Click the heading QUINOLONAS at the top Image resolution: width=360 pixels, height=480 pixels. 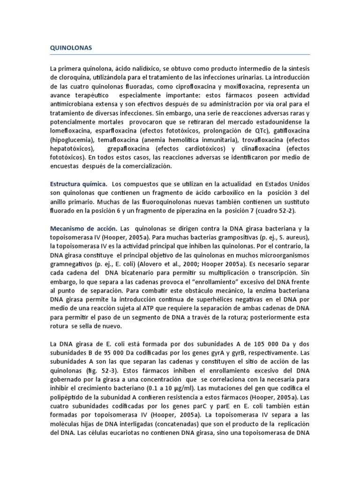click(x=71, y=48)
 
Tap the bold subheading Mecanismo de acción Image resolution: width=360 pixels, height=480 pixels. click(x=83, y=228)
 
